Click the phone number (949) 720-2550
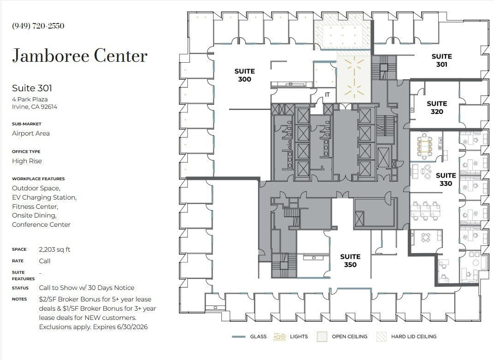click(x=38, y=26)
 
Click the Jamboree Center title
click(x=80, y=56)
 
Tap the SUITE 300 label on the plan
click(x=244, y=75)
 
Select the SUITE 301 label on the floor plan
click(x=441, y=60)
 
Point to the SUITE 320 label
click(x=436, y=108)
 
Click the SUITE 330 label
click(x=446, y=179)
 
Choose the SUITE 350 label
click(x=350, y=260)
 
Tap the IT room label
click(x=327, y=94)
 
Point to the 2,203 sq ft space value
click(x=55, y=249)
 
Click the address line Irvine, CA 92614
click(x=35, y=107)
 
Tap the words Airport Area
click(x=31, y=133)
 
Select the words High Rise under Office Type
click(x=27, y=161)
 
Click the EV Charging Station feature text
click(x=44, y=197)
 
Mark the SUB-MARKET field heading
click(x=27, y=124)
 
